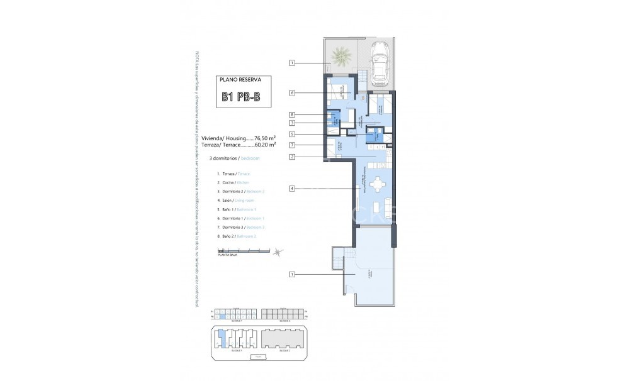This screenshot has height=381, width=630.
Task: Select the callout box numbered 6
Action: click(x=293, y=92)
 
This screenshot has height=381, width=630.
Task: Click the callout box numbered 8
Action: click(x=293, y=114)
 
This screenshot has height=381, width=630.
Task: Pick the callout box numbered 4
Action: click(x=293, y=187)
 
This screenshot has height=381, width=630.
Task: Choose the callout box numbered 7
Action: click(x=293, y=145)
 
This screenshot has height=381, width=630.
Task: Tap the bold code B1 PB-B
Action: click(x=240, y=97)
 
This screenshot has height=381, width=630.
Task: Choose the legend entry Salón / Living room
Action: click(x=235, y=199)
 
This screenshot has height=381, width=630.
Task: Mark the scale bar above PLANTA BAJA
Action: click(x=239, y=251)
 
